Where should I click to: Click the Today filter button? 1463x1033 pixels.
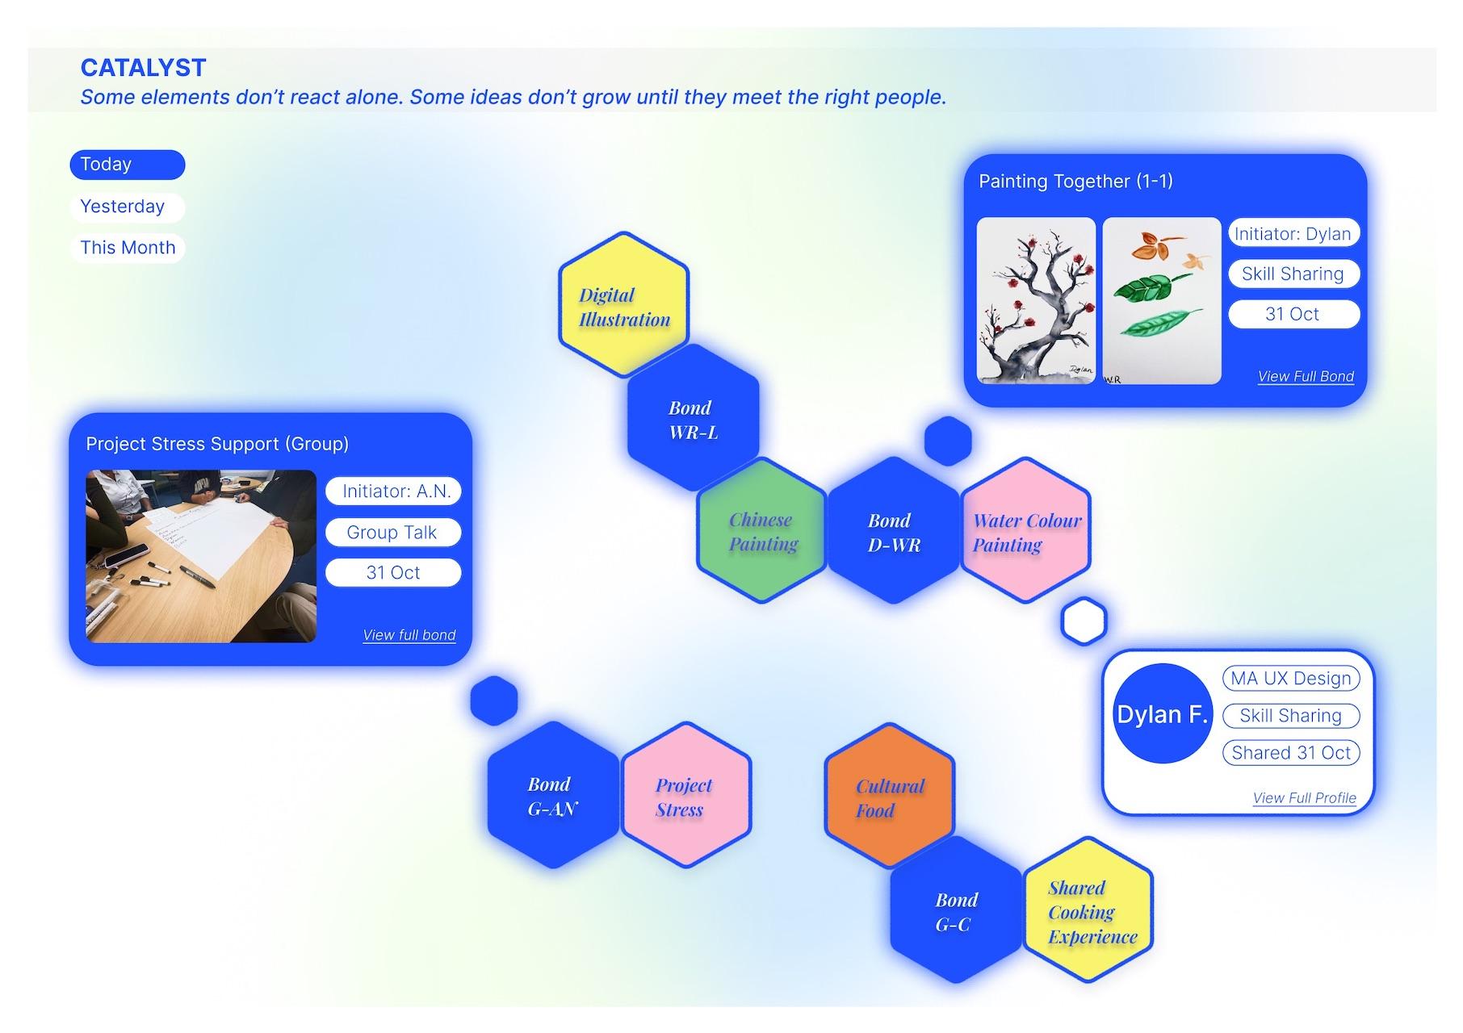(x=128, y=165)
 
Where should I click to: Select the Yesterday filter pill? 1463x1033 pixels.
(x=128, y=207)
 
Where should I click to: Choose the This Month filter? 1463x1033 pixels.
(x=128, y=248)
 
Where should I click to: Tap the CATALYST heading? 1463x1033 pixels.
(x=144, y=68)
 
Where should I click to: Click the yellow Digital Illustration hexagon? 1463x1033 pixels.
(x=623, y=305)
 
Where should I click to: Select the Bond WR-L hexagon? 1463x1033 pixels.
(x=693, y=418)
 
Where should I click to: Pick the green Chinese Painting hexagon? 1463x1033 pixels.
(x=761, y=530)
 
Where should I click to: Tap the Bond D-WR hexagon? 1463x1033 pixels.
(x=894, y=530)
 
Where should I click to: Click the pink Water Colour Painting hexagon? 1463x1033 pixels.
(x=1025, y=530)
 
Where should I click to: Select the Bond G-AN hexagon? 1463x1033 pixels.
(x=553, y=795)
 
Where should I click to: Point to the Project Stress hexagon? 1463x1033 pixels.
(x=685, y=795)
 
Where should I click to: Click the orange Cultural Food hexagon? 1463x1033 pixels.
(x=890, y=796)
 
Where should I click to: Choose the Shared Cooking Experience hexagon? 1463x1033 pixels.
(x=1088, y=910)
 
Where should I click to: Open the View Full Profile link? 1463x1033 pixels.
(x=1304, y=798)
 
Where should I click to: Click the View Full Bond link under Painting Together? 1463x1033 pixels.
(x=1306, y=377)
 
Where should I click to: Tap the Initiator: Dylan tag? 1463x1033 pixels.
(x=1293, y=234)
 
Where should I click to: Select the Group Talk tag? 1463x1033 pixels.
(x=393, y=533)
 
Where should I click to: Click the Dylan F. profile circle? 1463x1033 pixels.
(x=1162, y=714)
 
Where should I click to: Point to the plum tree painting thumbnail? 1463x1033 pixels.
(x=1036, y=300)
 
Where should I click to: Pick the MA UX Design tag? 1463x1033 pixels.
(x=1290, y=679)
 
